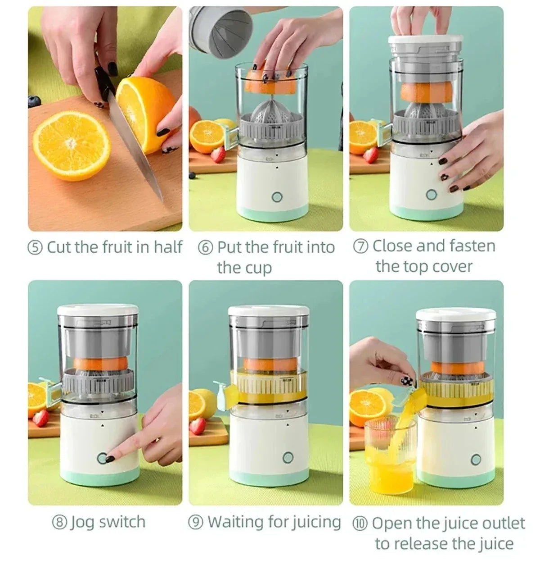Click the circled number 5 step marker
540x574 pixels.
pos(35,247)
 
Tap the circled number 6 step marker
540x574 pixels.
pos(205,248)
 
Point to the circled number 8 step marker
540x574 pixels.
pos(59,523)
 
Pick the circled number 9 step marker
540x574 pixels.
pos(196,523)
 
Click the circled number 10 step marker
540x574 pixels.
pos(360,524)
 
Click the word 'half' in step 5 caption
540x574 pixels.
pos(168,247)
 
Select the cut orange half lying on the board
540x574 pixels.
pos(72,144)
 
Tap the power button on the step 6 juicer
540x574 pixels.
pos(277,197)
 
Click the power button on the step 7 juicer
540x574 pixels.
pos(431,195)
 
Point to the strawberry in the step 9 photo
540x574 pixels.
pos(198,426)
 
